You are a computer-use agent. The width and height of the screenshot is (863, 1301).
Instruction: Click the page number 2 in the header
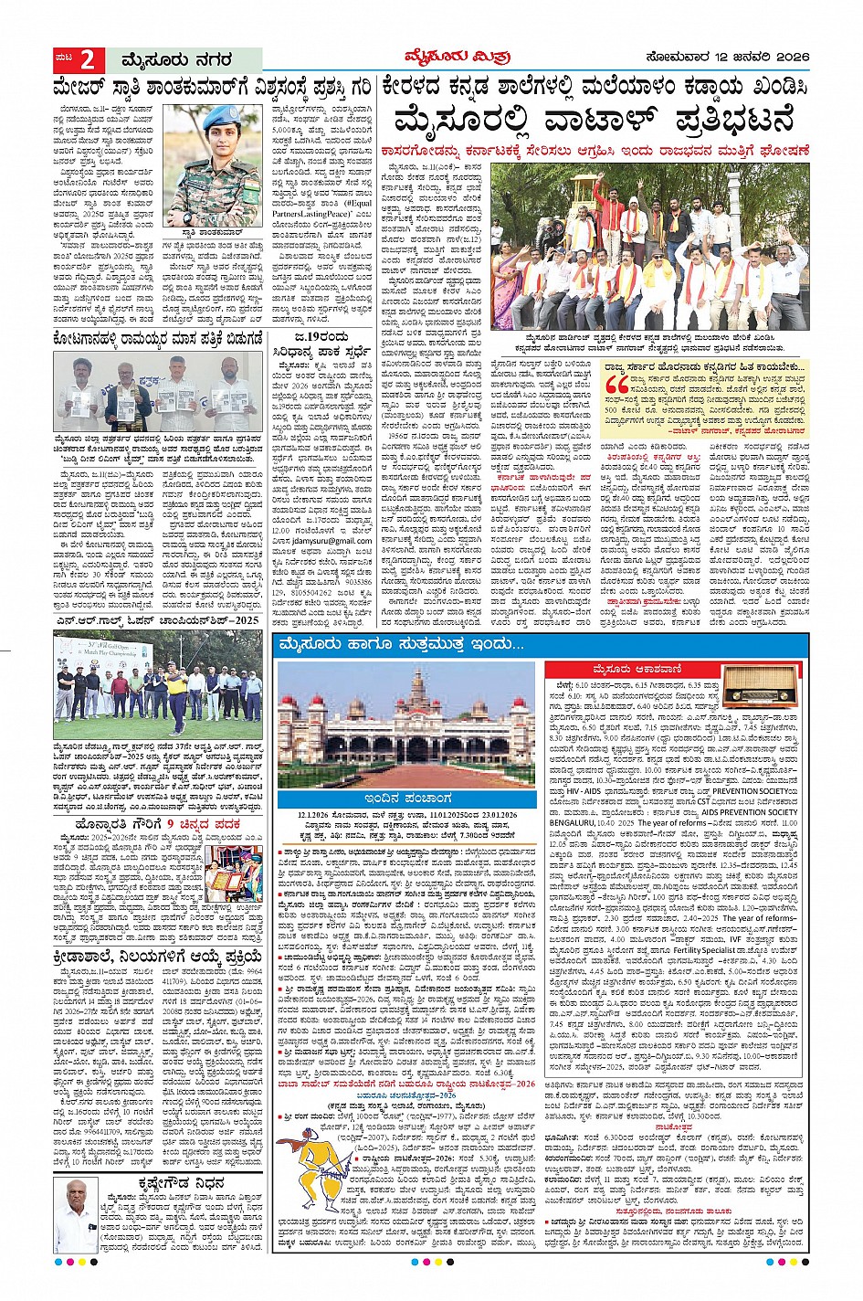pyautogui.click(x=87, y=60)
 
